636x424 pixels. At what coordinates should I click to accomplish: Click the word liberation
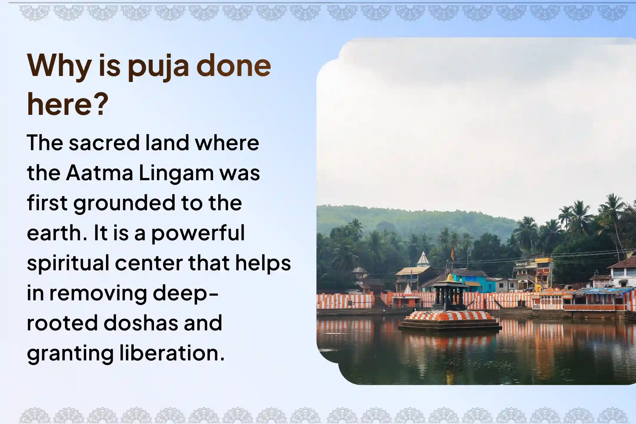(172, 353)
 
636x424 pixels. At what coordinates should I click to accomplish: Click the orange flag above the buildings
(452, 254)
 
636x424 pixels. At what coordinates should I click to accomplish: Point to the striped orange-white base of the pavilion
(450, 316)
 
